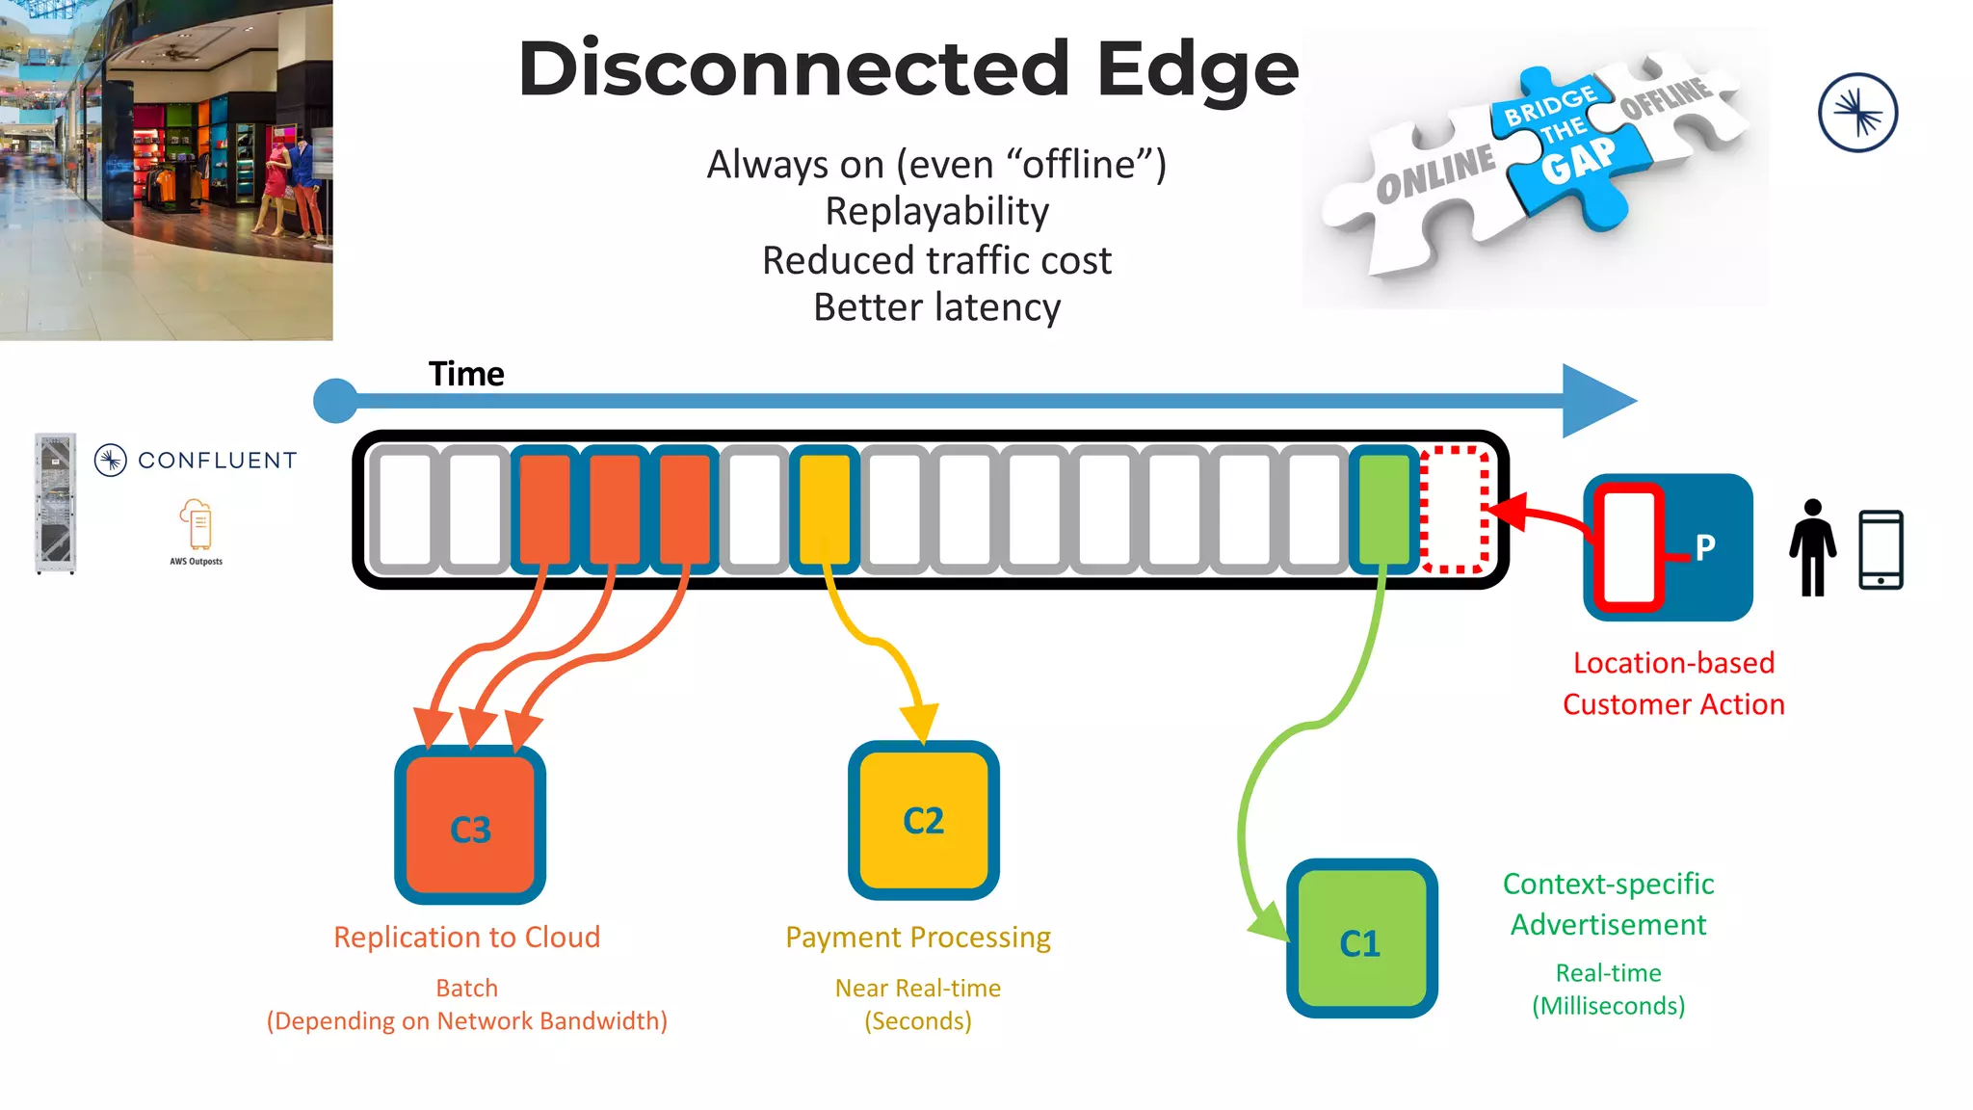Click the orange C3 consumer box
[x=470, y=825]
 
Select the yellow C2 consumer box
[x=923, y=820]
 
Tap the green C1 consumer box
[x=1361, y=939]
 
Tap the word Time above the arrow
[x=466, y=374]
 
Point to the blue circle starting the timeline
[x=336, y=400]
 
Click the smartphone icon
[x=1881, y=549]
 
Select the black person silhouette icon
[x=1813, y=547]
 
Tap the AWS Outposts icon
[x=197, y=528]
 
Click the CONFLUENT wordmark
[x=218, y=461]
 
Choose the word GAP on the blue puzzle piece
[x=1578, y=160]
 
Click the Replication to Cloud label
[x=466, y=937]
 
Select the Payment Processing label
[x=917, y=937]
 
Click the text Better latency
[x=936, y=307]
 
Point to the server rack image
[x=55, y=503]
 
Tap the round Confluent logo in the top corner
[x=1857, y=113]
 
